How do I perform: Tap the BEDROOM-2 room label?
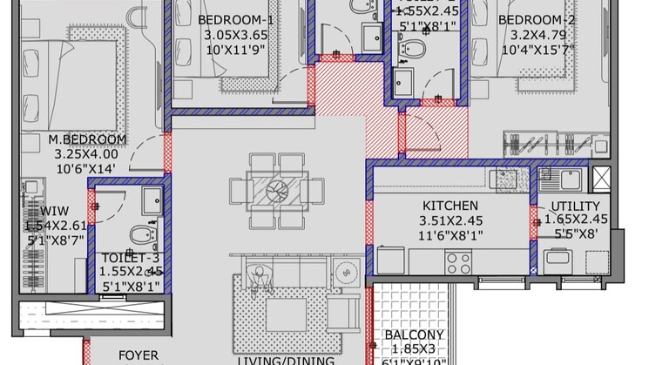(533, 20)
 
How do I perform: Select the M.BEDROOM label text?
(87, 139)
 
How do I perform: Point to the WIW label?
(29, 212)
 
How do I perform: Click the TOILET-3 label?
(131, 258)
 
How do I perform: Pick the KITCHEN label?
(450, 206)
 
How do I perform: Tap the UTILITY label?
(575, 206)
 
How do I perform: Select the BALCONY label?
(414, 335)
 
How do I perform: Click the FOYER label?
(138, 355)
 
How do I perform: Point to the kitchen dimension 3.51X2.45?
(450, 220)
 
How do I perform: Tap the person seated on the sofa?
(259, 277)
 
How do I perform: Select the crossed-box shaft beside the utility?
(601, 179)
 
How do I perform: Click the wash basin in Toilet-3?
(151, 197)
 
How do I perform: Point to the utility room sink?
(558, 179)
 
